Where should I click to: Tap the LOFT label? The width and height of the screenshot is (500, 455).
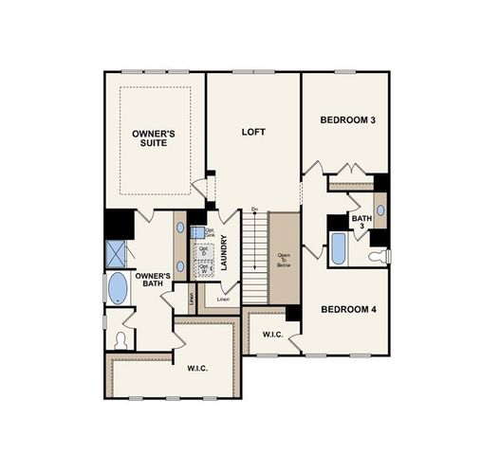coord(252,132)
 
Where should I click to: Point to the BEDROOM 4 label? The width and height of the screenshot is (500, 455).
coord(348,309)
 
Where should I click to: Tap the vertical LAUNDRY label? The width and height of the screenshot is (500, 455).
coord(224,253)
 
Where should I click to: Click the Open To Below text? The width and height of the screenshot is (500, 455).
coord(284,259)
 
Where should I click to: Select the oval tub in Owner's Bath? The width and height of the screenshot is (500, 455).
coord(118,288)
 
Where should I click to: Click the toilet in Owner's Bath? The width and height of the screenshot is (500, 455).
coord(120,340)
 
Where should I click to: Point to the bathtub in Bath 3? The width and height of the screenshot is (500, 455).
coord(339,248)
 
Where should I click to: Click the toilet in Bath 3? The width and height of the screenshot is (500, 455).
coord(379,256)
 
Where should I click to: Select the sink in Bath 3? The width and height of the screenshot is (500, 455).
coord(380,210)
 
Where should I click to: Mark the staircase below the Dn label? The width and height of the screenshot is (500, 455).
coord(254,256)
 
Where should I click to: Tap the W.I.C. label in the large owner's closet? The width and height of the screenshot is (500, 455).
coord(198,368)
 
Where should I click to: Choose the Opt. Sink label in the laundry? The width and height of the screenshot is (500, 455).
coord(209,231)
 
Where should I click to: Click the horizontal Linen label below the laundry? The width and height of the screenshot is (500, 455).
coord(223,300)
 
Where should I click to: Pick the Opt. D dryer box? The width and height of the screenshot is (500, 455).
coord(203,250)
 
